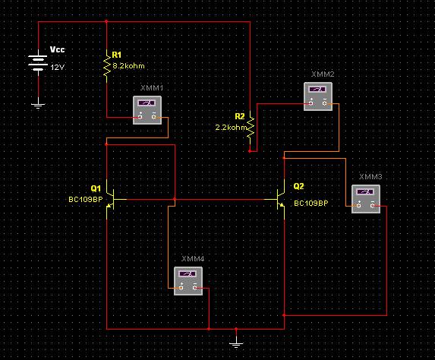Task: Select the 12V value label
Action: (x=58, y=67)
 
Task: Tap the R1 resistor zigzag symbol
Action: (x=107, y=66)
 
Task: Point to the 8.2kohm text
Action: (x=128, y=66)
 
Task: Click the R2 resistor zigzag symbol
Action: (x=251, y=127)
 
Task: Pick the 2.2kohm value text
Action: (x=231, y=128)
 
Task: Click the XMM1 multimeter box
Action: (x=147, y=110)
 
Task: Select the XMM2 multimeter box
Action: (x=318, y=96)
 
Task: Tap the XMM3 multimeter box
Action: (x=366, y=199)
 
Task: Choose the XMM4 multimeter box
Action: (x=188, y=281)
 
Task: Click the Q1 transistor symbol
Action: (x=112, y=199)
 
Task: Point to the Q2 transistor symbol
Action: (x=279, y=199)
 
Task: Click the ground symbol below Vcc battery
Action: (x=38, y=105)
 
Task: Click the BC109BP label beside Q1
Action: (x=86, y=199)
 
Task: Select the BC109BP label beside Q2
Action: (x=311, y=204)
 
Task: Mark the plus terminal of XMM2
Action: (x=311, y=103)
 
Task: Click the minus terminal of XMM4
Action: (x=195, y=288)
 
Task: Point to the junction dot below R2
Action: (x=250, y=151)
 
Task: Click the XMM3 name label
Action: (x=370, y=176)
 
